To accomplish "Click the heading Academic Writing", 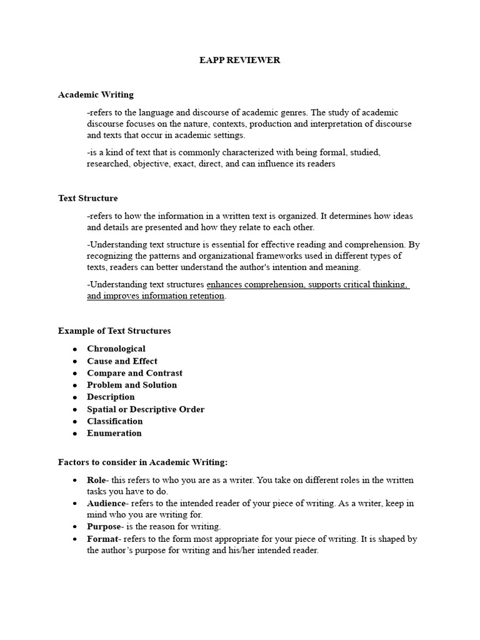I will pyautogui.click(x=96, y=95).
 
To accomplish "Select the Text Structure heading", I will pyautogui.click(x=87, y=198).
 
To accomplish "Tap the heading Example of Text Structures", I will pyautogui.click(x=114, y=331).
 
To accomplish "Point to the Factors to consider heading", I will pyautogui.click(x=143, y=462).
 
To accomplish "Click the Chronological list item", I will pyautogui.click(x=116, y=349).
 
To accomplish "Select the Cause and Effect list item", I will pyautogui.click(x=122, y=361).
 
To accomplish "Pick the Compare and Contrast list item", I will pyautogui.click(x=134, y=373).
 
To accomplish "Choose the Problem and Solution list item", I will pyautogui.click(x=132, y=385).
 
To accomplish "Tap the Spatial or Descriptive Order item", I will pyautogui.click(x=146, y=409).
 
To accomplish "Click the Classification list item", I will pyautogui.click(x=114, y=421).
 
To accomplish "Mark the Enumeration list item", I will pyautogui.click(x=114, y=433).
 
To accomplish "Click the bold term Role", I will pyautogui.click(x=97, y=480).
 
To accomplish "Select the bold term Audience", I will pyautogui.click(x=106, y=504).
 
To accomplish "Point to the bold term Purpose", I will pyautogui.click(x=102, y=527).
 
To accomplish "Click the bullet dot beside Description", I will pyautogui.click(x=75, y=397).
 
